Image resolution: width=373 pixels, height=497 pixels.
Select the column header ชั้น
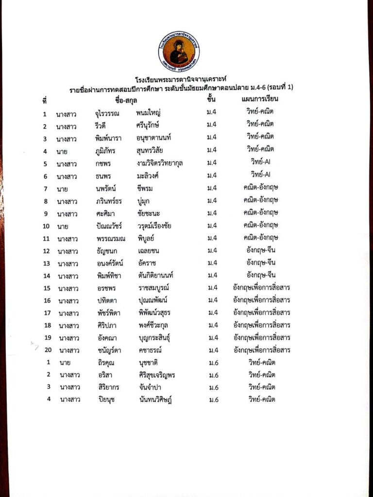point(211,100)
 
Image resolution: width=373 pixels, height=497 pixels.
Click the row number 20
point(48,350)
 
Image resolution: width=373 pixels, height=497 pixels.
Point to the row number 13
point(47,263)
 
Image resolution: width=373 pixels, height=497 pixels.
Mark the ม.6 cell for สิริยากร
point(212,387)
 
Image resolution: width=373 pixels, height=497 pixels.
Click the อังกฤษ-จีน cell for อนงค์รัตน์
point(261,263)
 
